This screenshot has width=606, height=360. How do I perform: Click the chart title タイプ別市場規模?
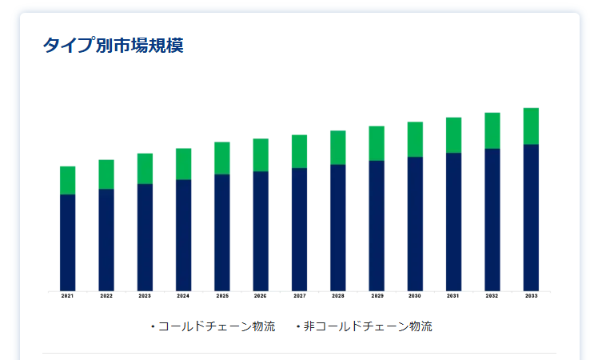pyautogui.click(x=113, y=46)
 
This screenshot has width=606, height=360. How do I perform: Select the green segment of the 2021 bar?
pyautogui.click(x=68, y=180)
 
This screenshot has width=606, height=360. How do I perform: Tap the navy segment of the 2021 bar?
pyautogui.click(x=68, y=242)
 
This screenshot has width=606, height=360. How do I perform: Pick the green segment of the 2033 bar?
pyautogui.click(x=531, y=126)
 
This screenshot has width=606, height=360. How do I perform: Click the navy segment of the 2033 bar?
pyautogui.click(x=531, y=217)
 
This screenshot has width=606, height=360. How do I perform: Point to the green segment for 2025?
pyautogui.click(x=222, y=158)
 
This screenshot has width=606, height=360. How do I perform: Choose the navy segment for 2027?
pyautogui.click(x=299, y=229)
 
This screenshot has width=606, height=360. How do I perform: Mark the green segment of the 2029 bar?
pyautogui.click(x=377, y=143)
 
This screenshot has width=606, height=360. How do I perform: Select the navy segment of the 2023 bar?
pyautogui.click(x=145, y=237)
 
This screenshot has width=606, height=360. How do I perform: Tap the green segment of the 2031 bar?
pyautogui.click(x=453, y=134)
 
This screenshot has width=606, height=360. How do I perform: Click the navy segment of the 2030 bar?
pyautogui.click(x=415, y=223)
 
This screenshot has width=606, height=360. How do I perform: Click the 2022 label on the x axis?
pyautogui.click(x=106, y=296)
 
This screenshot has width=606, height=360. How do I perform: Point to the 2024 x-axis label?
pyautogui.click(x=183, y=296)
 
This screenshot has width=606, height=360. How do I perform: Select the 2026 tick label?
pyautogui.click(x=261, y=296)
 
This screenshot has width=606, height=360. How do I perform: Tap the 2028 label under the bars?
pyautogui.click(x=338, y=296)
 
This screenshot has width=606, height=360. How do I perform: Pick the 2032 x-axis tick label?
pyautogui.click(x=492, y=296)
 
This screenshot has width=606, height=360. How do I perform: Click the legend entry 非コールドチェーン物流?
pyautogui.click(x=367, y=326)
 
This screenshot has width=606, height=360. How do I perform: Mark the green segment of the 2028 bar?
pyautogui.click(x=338, y=147)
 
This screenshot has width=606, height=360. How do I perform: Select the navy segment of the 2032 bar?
pyautogui.click(x=492, y=219)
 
